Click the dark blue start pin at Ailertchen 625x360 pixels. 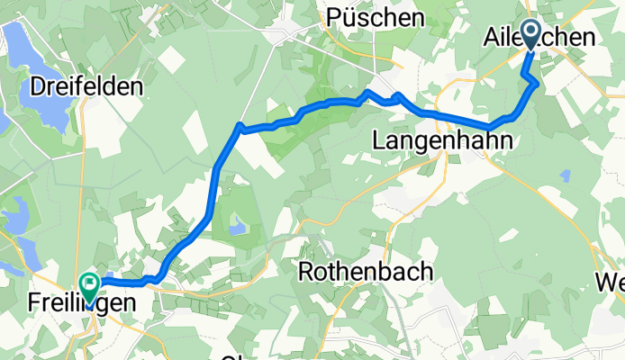(x=529, y=36)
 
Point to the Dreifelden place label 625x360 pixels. (x=87, y=87)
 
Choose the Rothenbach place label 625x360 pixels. (x=367, y=271)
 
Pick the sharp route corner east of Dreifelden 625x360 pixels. (x=239, y=126)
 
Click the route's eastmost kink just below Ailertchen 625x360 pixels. (x=538, y=84)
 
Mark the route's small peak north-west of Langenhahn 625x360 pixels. (x=367, y=92)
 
